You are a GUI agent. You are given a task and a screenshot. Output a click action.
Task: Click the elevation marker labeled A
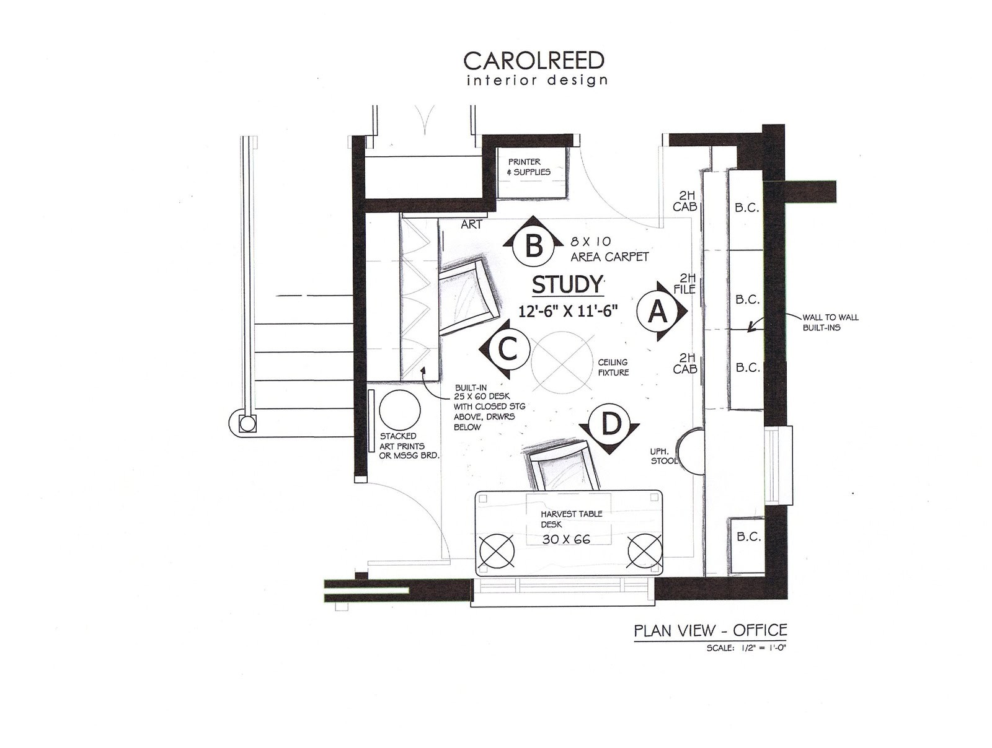tap(658, 312)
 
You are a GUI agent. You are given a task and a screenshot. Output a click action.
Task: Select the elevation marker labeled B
tap(533, 245)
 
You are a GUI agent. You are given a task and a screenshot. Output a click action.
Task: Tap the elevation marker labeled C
tap(507, 350)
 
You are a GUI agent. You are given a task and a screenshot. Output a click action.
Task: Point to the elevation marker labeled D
tap(611, 425)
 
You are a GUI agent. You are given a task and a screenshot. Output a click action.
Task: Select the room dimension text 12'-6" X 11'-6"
tap(569, 311)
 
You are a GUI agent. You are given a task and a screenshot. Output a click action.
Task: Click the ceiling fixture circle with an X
tap(562, 363)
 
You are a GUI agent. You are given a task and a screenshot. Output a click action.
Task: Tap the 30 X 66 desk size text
tap(566, 539)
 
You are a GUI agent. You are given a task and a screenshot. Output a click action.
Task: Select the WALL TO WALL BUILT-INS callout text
tap(830, 322)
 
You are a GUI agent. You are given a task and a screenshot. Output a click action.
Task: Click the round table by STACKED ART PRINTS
tap(399, 410)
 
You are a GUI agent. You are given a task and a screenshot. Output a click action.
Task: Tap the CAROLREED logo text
tap(534, 61)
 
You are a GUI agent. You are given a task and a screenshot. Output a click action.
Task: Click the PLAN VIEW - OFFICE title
tap(710, 631)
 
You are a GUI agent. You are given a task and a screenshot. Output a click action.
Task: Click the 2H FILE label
tap(686, 283)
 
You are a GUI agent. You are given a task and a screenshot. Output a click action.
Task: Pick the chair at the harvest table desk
tap(563, 468)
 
